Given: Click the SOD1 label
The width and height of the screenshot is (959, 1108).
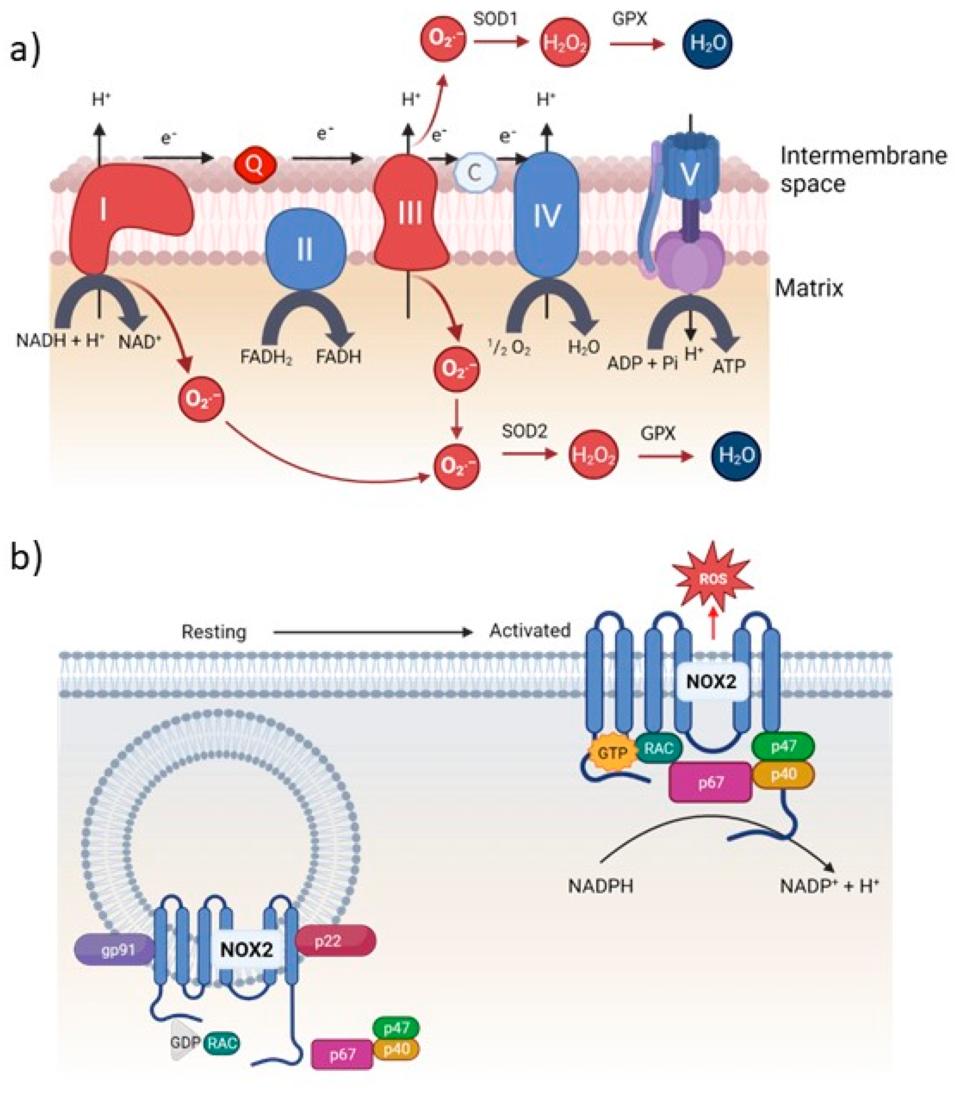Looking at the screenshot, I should coord(495,19).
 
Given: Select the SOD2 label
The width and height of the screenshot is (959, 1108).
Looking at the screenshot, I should coord(524,431).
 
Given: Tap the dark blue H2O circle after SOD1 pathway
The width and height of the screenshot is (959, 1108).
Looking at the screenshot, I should coord(707,43).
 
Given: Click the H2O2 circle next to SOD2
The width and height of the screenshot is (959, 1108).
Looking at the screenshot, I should coord(593,455).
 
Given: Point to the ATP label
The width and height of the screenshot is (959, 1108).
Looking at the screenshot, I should coord(728,367).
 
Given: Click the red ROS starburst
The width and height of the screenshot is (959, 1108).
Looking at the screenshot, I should coord(713,579).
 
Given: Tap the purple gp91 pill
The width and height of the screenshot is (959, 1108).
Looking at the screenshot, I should coord(115,951).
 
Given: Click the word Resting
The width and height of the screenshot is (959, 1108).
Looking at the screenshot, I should coord(214,632).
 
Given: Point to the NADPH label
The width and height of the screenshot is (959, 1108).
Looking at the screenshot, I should coord(600,886).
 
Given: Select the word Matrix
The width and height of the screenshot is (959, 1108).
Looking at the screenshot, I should coord(809,288).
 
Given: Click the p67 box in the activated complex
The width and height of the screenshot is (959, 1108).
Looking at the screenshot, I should coord(710,783).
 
